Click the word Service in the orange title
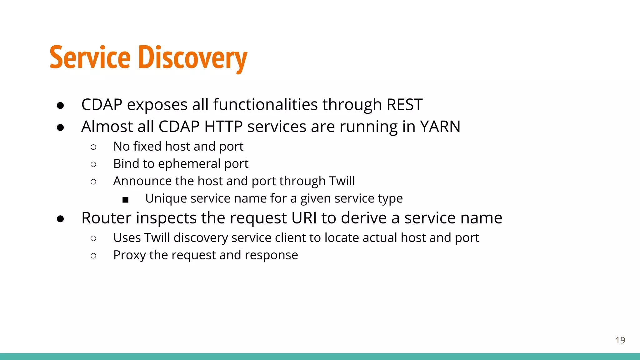click(90, 58)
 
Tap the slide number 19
click(620, 340)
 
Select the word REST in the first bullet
click(404, 105)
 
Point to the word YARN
click(440, 127)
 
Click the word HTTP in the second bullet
click(223, 127)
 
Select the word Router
click(106, 218)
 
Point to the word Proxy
click(129, 255)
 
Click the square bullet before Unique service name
click(126, 200)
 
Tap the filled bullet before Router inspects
click(60, 219)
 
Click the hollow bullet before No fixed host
click(93, 147)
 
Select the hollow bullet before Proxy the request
click(93, 256)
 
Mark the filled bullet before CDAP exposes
click(60, 105)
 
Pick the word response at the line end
click(271, 255)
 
